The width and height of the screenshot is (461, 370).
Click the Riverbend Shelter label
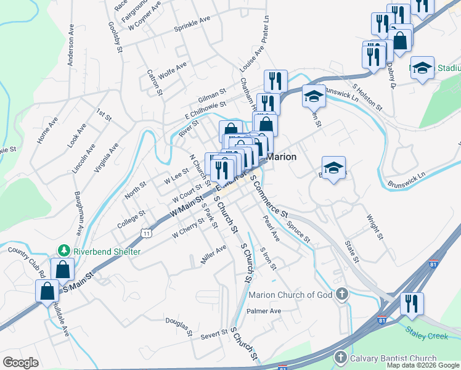[107, 252]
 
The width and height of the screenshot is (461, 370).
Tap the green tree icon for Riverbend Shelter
[63, 251]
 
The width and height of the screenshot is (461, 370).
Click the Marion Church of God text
[290, 295]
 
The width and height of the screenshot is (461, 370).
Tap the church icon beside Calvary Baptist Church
[340, 358]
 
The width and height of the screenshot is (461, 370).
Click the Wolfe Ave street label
[172, 71]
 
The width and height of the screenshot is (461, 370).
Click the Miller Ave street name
[213, 254]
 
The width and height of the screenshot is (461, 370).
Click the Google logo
[21, 363]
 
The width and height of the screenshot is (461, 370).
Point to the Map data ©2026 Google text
[422, 365]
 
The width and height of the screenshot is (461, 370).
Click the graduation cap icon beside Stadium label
[422, 68]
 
